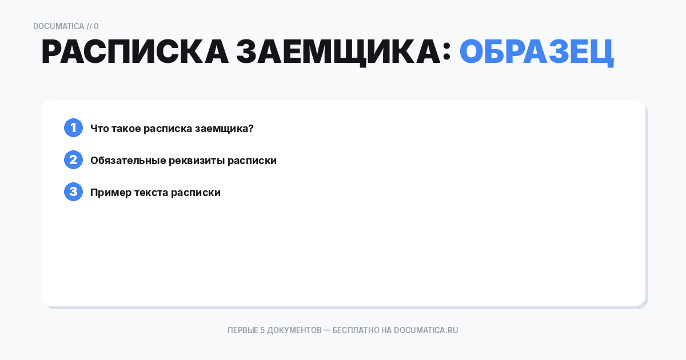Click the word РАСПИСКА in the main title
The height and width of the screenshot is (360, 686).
click(x=134, y=53)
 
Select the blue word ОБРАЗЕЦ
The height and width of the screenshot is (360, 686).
click(x=536, y=53)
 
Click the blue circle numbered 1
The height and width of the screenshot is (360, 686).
click(x=73, y=128)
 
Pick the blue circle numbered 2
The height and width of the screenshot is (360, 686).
click(x=73, y=160)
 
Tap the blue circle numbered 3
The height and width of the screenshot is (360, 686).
click(x=73, y=192)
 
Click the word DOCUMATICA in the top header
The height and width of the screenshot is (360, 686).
click(x=58, y=26)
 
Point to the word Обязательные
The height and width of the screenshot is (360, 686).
click(x=128, y=161)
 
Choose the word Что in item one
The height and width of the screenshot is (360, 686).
click(x=99, y=129)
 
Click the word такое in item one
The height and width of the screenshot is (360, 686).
click(x=126, y=129)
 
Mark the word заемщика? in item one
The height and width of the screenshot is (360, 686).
click(x=224, y=129)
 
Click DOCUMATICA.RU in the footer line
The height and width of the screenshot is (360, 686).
click(x=426, y=330)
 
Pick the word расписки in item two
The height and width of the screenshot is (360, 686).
click(x=252, y=161)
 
